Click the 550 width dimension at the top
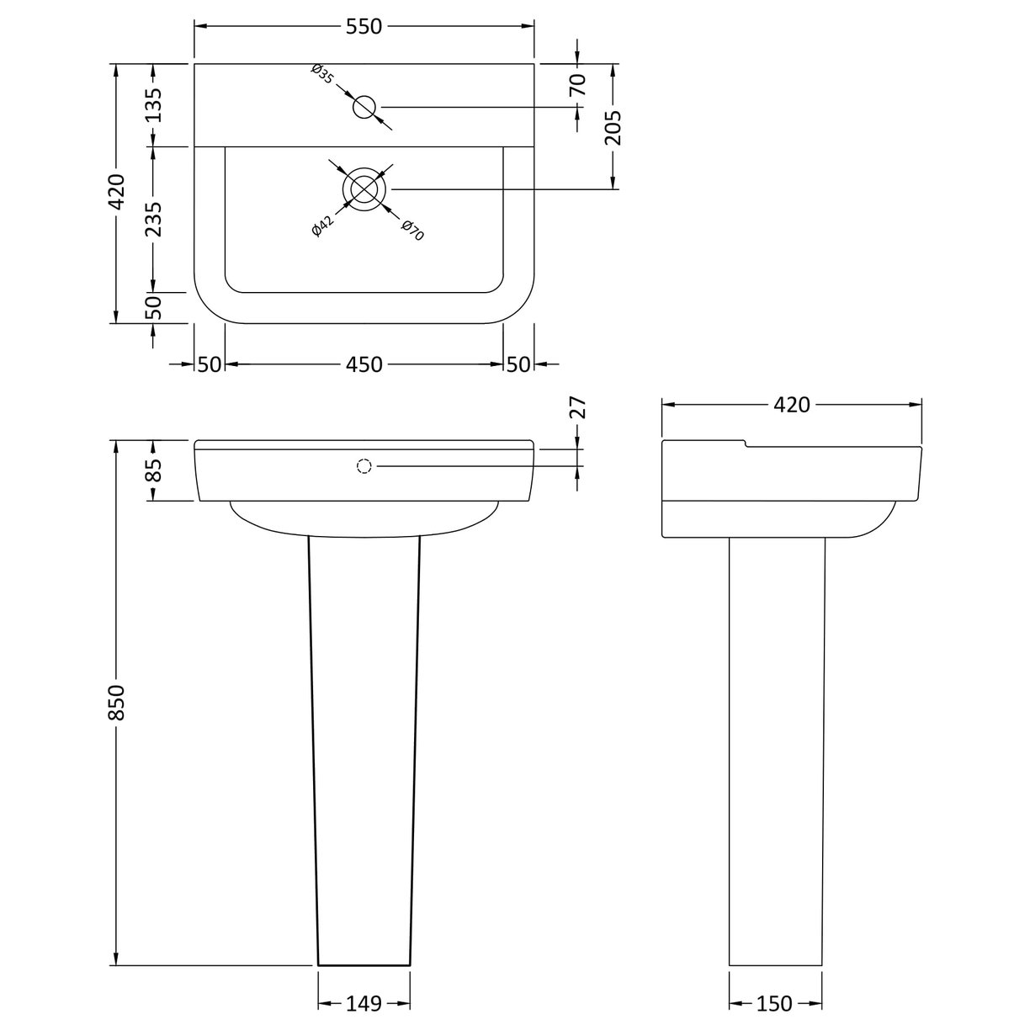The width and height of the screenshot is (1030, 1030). point(364,27)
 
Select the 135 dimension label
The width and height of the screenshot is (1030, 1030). point(152,105)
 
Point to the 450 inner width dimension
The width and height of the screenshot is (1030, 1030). point(364,364)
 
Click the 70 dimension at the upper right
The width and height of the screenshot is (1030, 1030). point(577,85)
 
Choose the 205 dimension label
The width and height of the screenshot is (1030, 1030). point(613,127)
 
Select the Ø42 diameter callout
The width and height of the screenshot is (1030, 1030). point(323,226)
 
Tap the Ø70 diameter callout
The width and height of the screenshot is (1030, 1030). point(411,231)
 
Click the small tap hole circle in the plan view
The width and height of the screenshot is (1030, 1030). point(364,107)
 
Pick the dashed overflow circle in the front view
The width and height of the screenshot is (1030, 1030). point(364,465)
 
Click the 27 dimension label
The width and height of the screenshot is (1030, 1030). point(577,408)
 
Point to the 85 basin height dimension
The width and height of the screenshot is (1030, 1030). point(152,471)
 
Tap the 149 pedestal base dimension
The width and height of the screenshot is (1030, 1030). point(364,1004)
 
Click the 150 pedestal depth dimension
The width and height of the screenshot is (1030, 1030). point(775,1004)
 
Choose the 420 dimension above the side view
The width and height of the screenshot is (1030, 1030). point(791,405)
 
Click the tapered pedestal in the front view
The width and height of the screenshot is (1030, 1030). point(364,741)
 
